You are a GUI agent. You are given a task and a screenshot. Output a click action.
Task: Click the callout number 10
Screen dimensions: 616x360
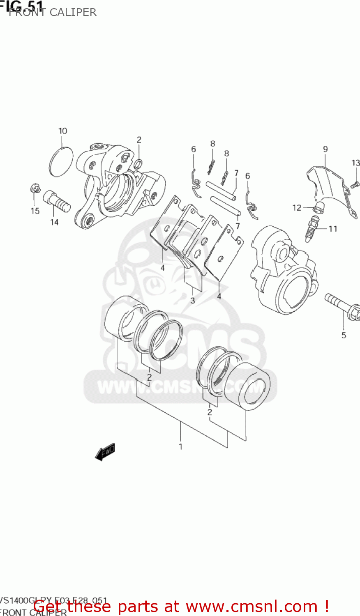point(62,131)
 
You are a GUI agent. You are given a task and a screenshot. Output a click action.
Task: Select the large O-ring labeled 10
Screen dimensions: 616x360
point(61,162)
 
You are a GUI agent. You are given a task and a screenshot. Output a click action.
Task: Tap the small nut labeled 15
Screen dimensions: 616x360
point(35,189)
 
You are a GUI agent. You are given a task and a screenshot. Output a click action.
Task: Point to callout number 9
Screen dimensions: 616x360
point(325,149)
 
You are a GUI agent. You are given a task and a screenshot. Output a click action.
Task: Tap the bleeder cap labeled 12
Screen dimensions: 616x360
point(317,208)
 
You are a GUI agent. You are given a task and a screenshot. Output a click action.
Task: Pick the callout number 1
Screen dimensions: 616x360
point(180,446)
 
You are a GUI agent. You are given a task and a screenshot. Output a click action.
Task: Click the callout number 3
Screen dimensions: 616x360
point(192,301)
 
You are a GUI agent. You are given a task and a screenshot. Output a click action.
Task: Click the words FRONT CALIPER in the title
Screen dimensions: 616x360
point(53,12)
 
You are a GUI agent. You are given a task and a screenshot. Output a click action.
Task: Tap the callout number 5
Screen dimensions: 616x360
point(344,335)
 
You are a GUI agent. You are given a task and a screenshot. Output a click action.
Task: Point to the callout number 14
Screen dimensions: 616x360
point(54,222)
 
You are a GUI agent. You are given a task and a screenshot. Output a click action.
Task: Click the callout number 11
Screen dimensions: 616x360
point(333,229)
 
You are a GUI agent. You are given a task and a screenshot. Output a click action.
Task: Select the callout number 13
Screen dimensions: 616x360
point(355,163)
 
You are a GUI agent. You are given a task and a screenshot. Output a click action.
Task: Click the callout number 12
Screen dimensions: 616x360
point(297,208)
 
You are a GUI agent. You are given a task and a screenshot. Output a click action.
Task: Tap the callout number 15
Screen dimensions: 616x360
point(35,211)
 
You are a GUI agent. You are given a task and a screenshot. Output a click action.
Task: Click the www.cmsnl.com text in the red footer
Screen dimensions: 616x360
point(252,606)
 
